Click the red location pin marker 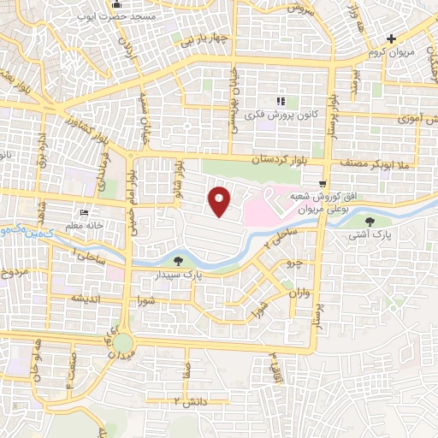(221, 201)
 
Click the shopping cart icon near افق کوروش (322, 183)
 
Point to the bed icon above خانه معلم (83, 212)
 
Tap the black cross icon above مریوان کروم (391, 38)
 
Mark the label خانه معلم (83, 225)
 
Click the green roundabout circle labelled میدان (123, 343)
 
